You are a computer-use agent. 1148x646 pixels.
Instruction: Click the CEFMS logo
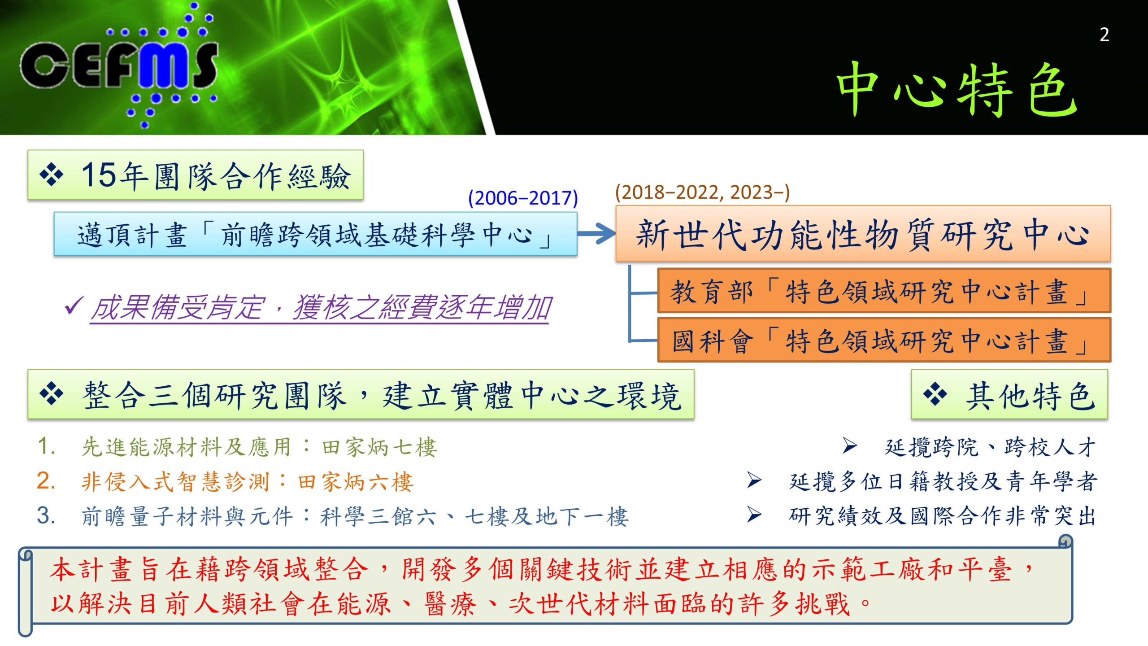(x=119, y=65)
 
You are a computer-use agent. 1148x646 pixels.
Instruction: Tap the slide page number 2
(x=1105, y=35)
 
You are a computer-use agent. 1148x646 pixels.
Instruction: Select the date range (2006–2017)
(x=523, y=198)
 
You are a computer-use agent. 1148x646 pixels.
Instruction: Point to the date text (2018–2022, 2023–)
(x=702, y=192)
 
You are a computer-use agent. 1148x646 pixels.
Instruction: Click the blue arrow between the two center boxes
(x=596, y=233)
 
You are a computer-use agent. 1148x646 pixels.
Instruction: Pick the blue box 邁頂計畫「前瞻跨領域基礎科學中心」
(x=315, y=234)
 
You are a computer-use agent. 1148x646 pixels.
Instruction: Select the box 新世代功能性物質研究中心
(x=863, y=234)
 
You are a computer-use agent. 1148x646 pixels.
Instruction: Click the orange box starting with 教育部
(x=884, y=291)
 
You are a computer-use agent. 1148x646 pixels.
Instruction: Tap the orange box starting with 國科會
(x=884, y=340)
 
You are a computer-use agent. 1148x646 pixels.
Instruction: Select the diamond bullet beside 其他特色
(x=935, y=394)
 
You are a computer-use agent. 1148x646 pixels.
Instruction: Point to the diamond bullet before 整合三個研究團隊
(x=52, y=394)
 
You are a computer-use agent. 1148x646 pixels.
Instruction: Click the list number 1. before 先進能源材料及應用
(x=46, y=446)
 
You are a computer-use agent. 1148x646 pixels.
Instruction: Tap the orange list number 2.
(x=46, y=481)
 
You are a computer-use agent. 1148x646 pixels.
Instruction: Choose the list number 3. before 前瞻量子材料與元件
(x=46, y=515)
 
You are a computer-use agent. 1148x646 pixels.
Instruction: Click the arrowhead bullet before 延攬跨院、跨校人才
(x=849, y=445)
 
